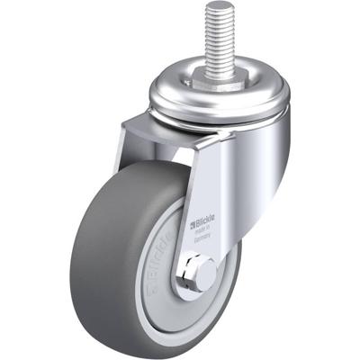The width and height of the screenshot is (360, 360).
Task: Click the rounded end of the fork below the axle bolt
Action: (195, 293)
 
